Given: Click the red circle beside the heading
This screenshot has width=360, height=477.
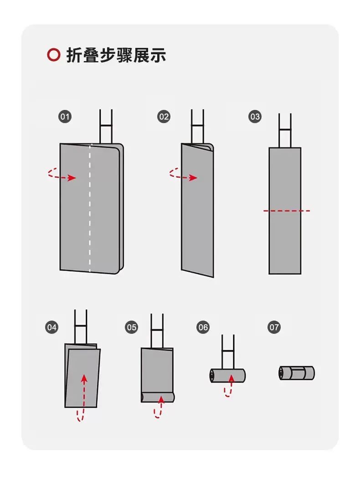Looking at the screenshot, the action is (x=53, y=55).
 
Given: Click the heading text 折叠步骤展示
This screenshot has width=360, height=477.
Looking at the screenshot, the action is (x=116, y=55).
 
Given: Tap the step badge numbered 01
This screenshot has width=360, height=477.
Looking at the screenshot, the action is (x=65, y=116).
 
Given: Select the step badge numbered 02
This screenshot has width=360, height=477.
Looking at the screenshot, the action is (x=164, y=116).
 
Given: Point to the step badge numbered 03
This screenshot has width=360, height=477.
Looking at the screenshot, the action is (x=255, y=116).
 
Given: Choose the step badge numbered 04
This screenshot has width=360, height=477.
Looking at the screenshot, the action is (x=51, y=327).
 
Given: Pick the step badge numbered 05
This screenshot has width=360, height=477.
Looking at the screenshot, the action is (x=131, y=327).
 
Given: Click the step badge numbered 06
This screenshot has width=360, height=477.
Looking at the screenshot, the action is (x=203, y=327).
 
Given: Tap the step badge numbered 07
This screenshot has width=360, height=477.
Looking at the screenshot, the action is (x=274, y=327).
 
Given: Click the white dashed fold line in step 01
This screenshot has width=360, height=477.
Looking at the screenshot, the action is (x=90, y=208).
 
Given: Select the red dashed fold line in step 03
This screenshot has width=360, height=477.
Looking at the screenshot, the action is (x=287, y=211).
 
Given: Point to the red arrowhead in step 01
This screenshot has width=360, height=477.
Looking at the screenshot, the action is (x=72, y=178).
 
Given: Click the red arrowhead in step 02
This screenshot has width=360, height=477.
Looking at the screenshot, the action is (x=193, y=178).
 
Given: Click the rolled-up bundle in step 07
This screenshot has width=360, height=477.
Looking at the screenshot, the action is (x=297, y=373).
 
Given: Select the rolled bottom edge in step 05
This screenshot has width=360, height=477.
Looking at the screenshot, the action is (x=158, y=397).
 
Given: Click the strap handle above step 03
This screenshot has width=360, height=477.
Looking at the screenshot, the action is (x=285, y=130).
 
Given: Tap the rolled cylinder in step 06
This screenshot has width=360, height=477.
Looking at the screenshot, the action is (x=227, y=375).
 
